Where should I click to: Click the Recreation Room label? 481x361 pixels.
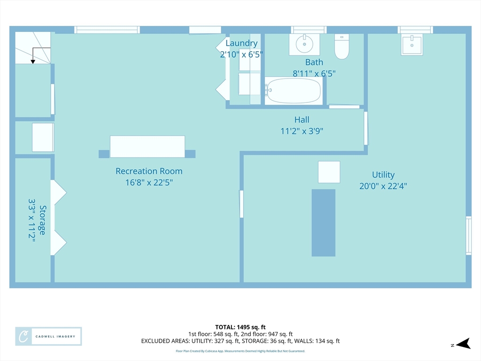[149, 171]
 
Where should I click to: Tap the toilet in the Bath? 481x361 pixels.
[342, 47]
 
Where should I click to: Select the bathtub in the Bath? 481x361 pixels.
[294, 91]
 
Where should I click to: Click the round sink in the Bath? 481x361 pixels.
[304, 44]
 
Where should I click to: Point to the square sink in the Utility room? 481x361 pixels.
[411, 45]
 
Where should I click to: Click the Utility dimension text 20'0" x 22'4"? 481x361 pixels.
[383, 186]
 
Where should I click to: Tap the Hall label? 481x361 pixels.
[302, 120]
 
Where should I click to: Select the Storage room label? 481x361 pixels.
[42, 220]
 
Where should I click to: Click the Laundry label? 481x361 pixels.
[241, 43]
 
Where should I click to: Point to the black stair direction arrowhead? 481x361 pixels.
[33, 62]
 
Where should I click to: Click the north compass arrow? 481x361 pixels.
[463, 344]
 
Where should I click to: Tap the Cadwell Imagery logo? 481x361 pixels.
[48, 337]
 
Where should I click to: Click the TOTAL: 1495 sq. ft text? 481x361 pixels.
[240, 327]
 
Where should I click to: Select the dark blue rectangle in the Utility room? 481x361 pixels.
[323, 223]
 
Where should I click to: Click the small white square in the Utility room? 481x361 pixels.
[329, 172]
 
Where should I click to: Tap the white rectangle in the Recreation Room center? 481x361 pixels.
[147, 147]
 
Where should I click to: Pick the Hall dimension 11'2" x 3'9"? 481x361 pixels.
[302, 131]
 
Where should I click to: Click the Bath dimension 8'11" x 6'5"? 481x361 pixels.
[314, 74]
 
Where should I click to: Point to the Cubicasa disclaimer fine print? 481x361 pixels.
[240, 351]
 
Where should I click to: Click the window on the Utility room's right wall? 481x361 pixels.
[468, 235]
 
